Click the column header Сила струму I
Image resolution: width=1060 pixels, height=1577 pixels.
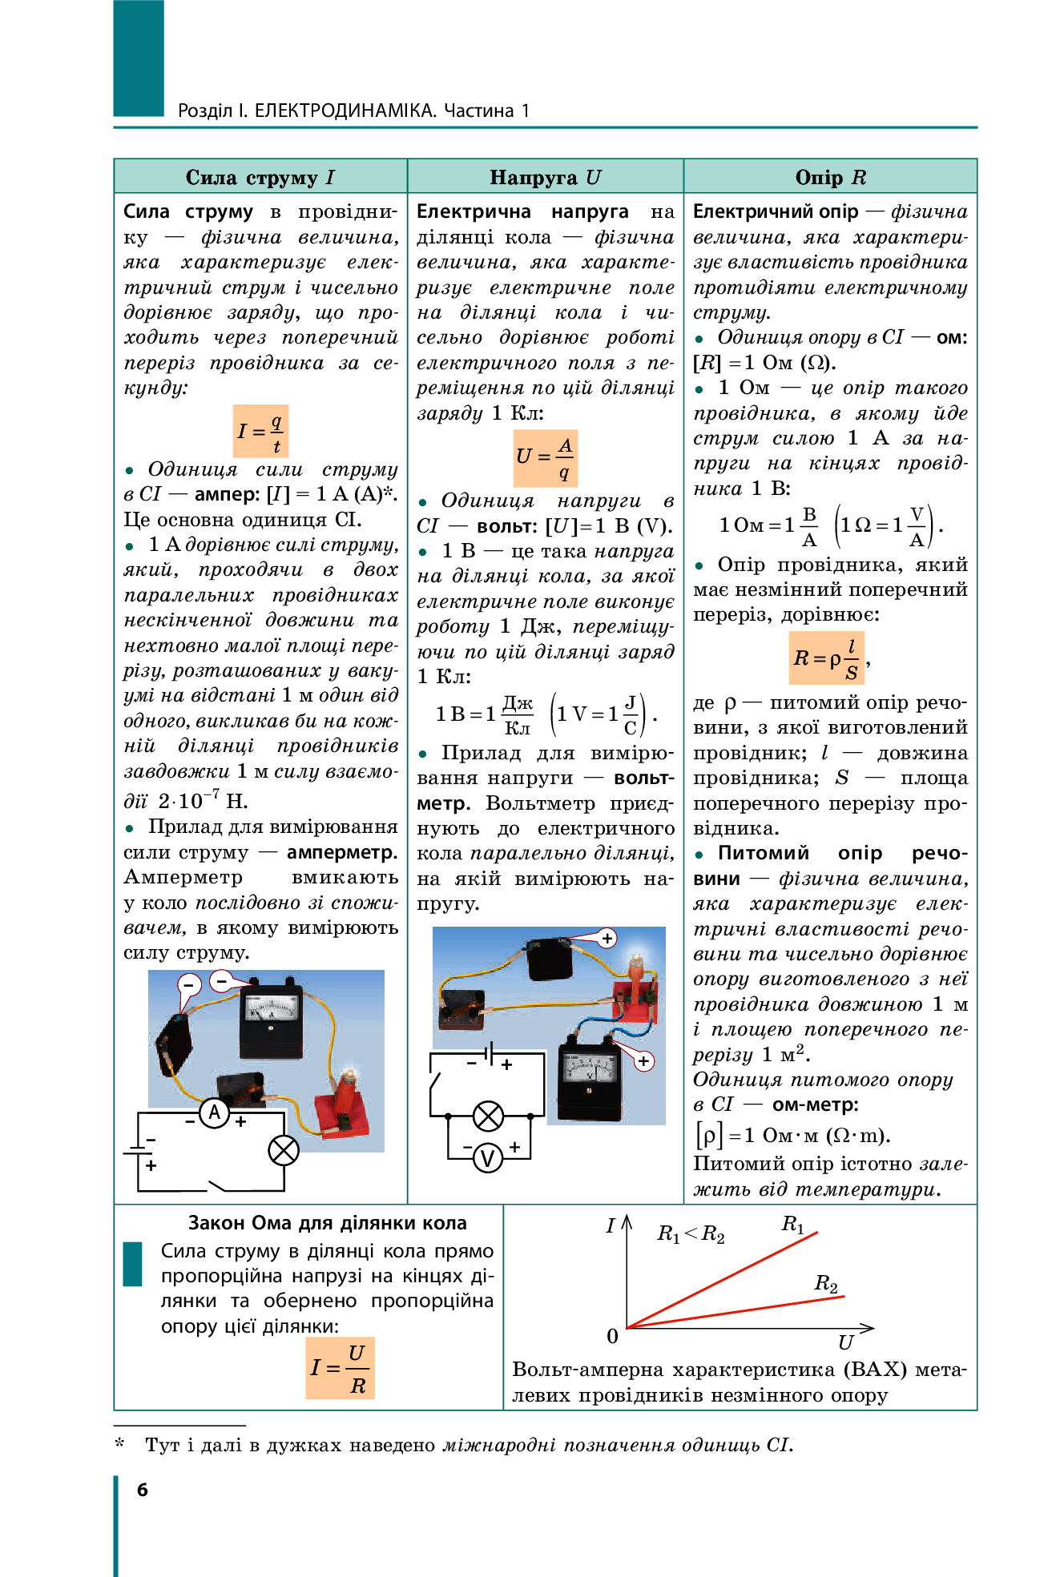260,177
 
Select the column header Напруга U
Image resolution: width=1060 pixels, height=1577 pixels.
545,177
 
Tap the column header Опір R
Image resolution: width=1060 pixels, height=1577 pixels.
830,177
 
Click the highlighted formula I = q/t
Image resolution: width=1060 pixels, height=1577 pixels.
260,431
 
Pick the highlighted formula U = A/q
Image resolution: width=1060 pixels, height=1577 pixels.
545,458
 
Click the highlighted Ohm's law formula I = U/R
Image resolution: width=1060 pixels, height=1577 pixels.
340,1368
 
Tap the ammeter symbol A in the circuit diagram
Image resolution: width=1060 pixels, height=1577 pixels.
214,1112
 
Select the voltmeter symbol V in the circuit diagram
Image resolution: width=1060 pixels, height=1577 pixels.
487,1157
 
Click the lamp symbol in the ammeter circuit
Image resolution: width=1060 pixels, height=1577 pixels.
283,1151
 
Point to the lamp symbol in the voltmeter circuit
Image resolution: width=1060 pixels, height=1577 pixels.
488,1116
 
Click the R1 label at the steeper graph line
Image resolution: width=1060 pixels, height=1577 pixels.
792,1224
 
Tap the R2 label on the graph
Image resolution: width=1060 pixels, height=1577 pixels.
826,1283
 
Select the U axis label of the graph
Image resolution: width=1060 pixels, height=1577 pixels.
845,1342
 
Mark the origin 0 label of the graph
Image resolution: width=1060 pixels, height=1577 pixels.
612,1336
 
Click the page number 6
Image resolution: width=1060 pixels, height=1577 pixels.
143,1489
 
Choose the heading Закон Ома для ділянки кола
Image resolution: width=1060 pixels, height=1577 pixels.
327,1223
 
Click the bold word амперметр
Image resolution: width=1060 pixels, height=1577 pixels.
342,852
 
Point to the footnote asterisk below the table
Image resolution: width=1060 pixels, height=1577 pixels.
120,1443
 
